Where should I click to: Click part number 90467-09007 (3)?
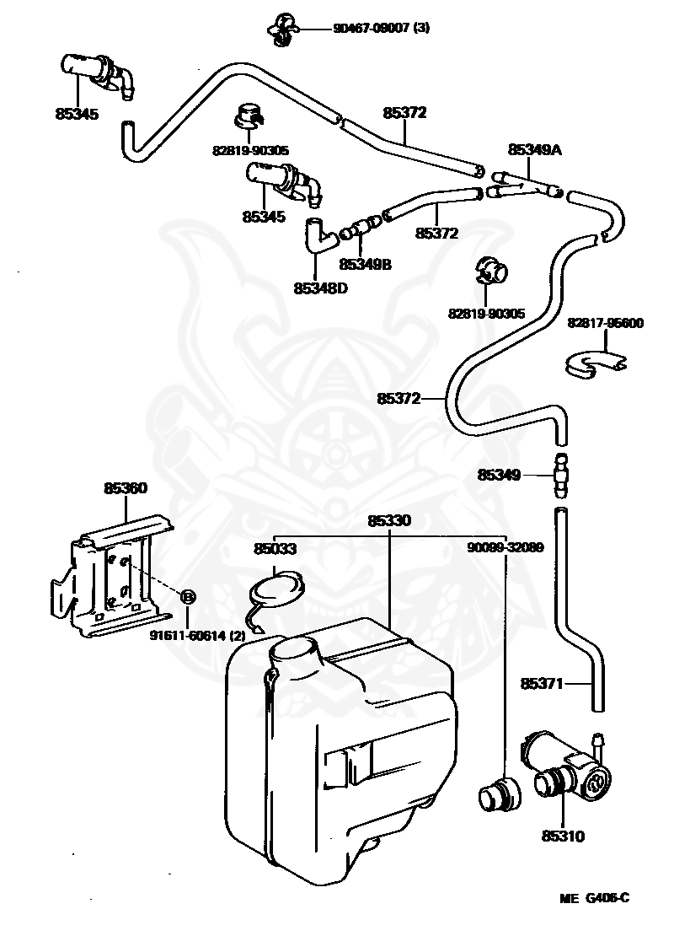click(381, 28)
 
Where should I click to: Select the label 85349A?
click(534, 150)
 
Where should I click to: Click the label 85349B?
click(365, 264)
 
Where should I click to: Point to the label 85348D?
click(320, 288)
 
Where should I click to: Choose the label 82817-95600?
click(606, 323)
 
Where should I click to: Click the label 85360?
click(126, 488)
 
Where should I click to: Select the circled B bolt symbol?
click(187, 595)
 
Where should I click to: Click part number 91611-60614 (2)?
click(197, 636)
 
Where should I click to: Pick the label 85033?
click(275, 548)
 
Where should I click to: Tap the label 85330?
click(389, 520)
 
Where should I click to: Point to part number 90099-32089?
click(505, 547)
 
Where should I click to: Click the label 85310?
click(563, 836)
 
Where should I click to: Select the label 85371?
click(542, 684)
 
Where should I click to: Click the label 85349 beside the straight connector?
click(499, 475)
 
